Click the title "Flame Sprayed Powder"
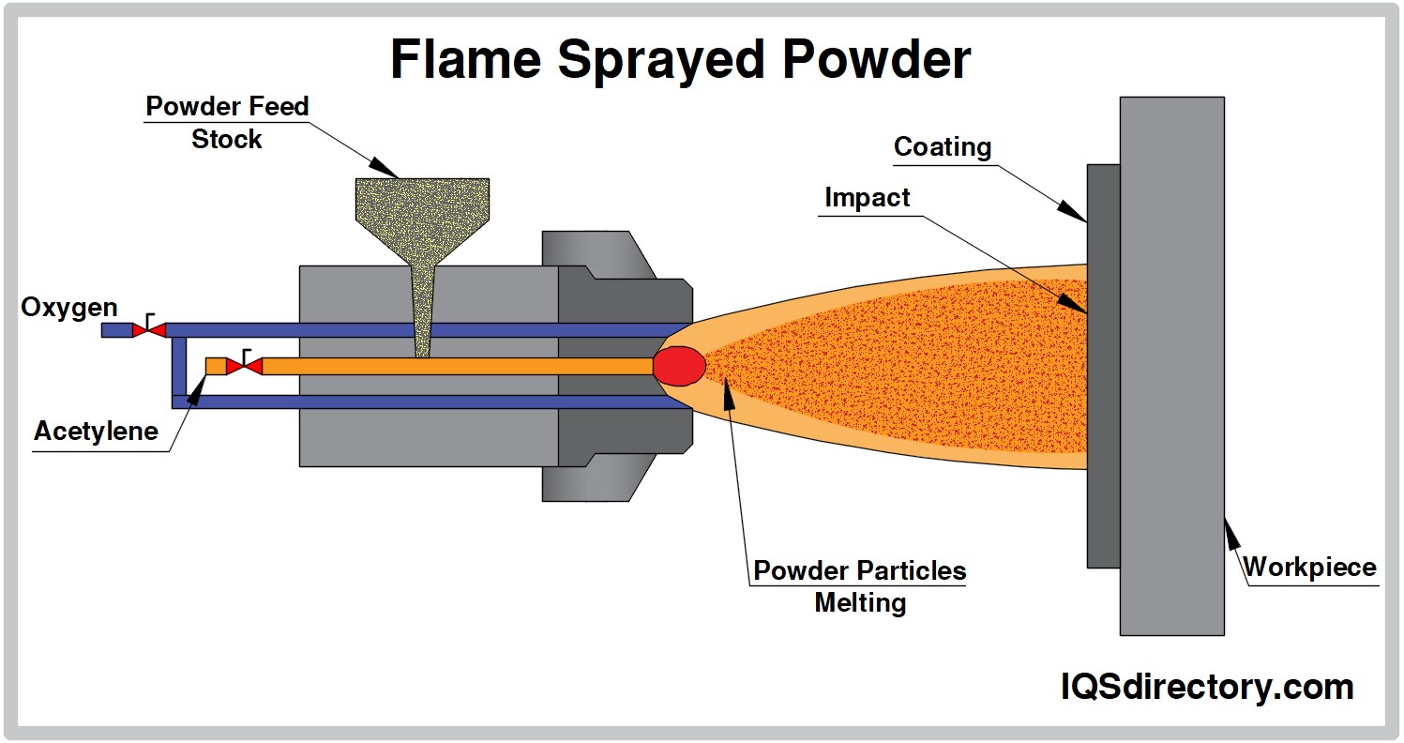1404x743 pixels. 680,60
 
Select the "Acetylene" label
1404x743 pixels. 96,432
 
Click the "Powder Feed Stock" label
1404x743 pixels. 227,123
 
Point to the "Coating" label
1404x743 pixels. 942,147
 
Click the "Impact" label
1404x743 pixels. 867,198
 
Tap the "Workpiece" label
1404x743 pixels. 1309,568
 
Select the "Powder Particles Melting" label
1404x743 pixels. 859,585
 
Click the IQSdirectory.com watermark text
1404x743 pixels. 1207,687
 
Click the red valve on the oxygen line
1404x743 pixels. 148,330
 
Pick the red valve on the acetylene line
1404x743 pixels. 245,366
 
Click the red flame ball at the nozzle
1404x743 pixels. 678,366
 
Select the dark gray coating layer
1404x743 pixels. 1103,366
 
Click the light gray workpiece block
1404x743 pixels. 1171,366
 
